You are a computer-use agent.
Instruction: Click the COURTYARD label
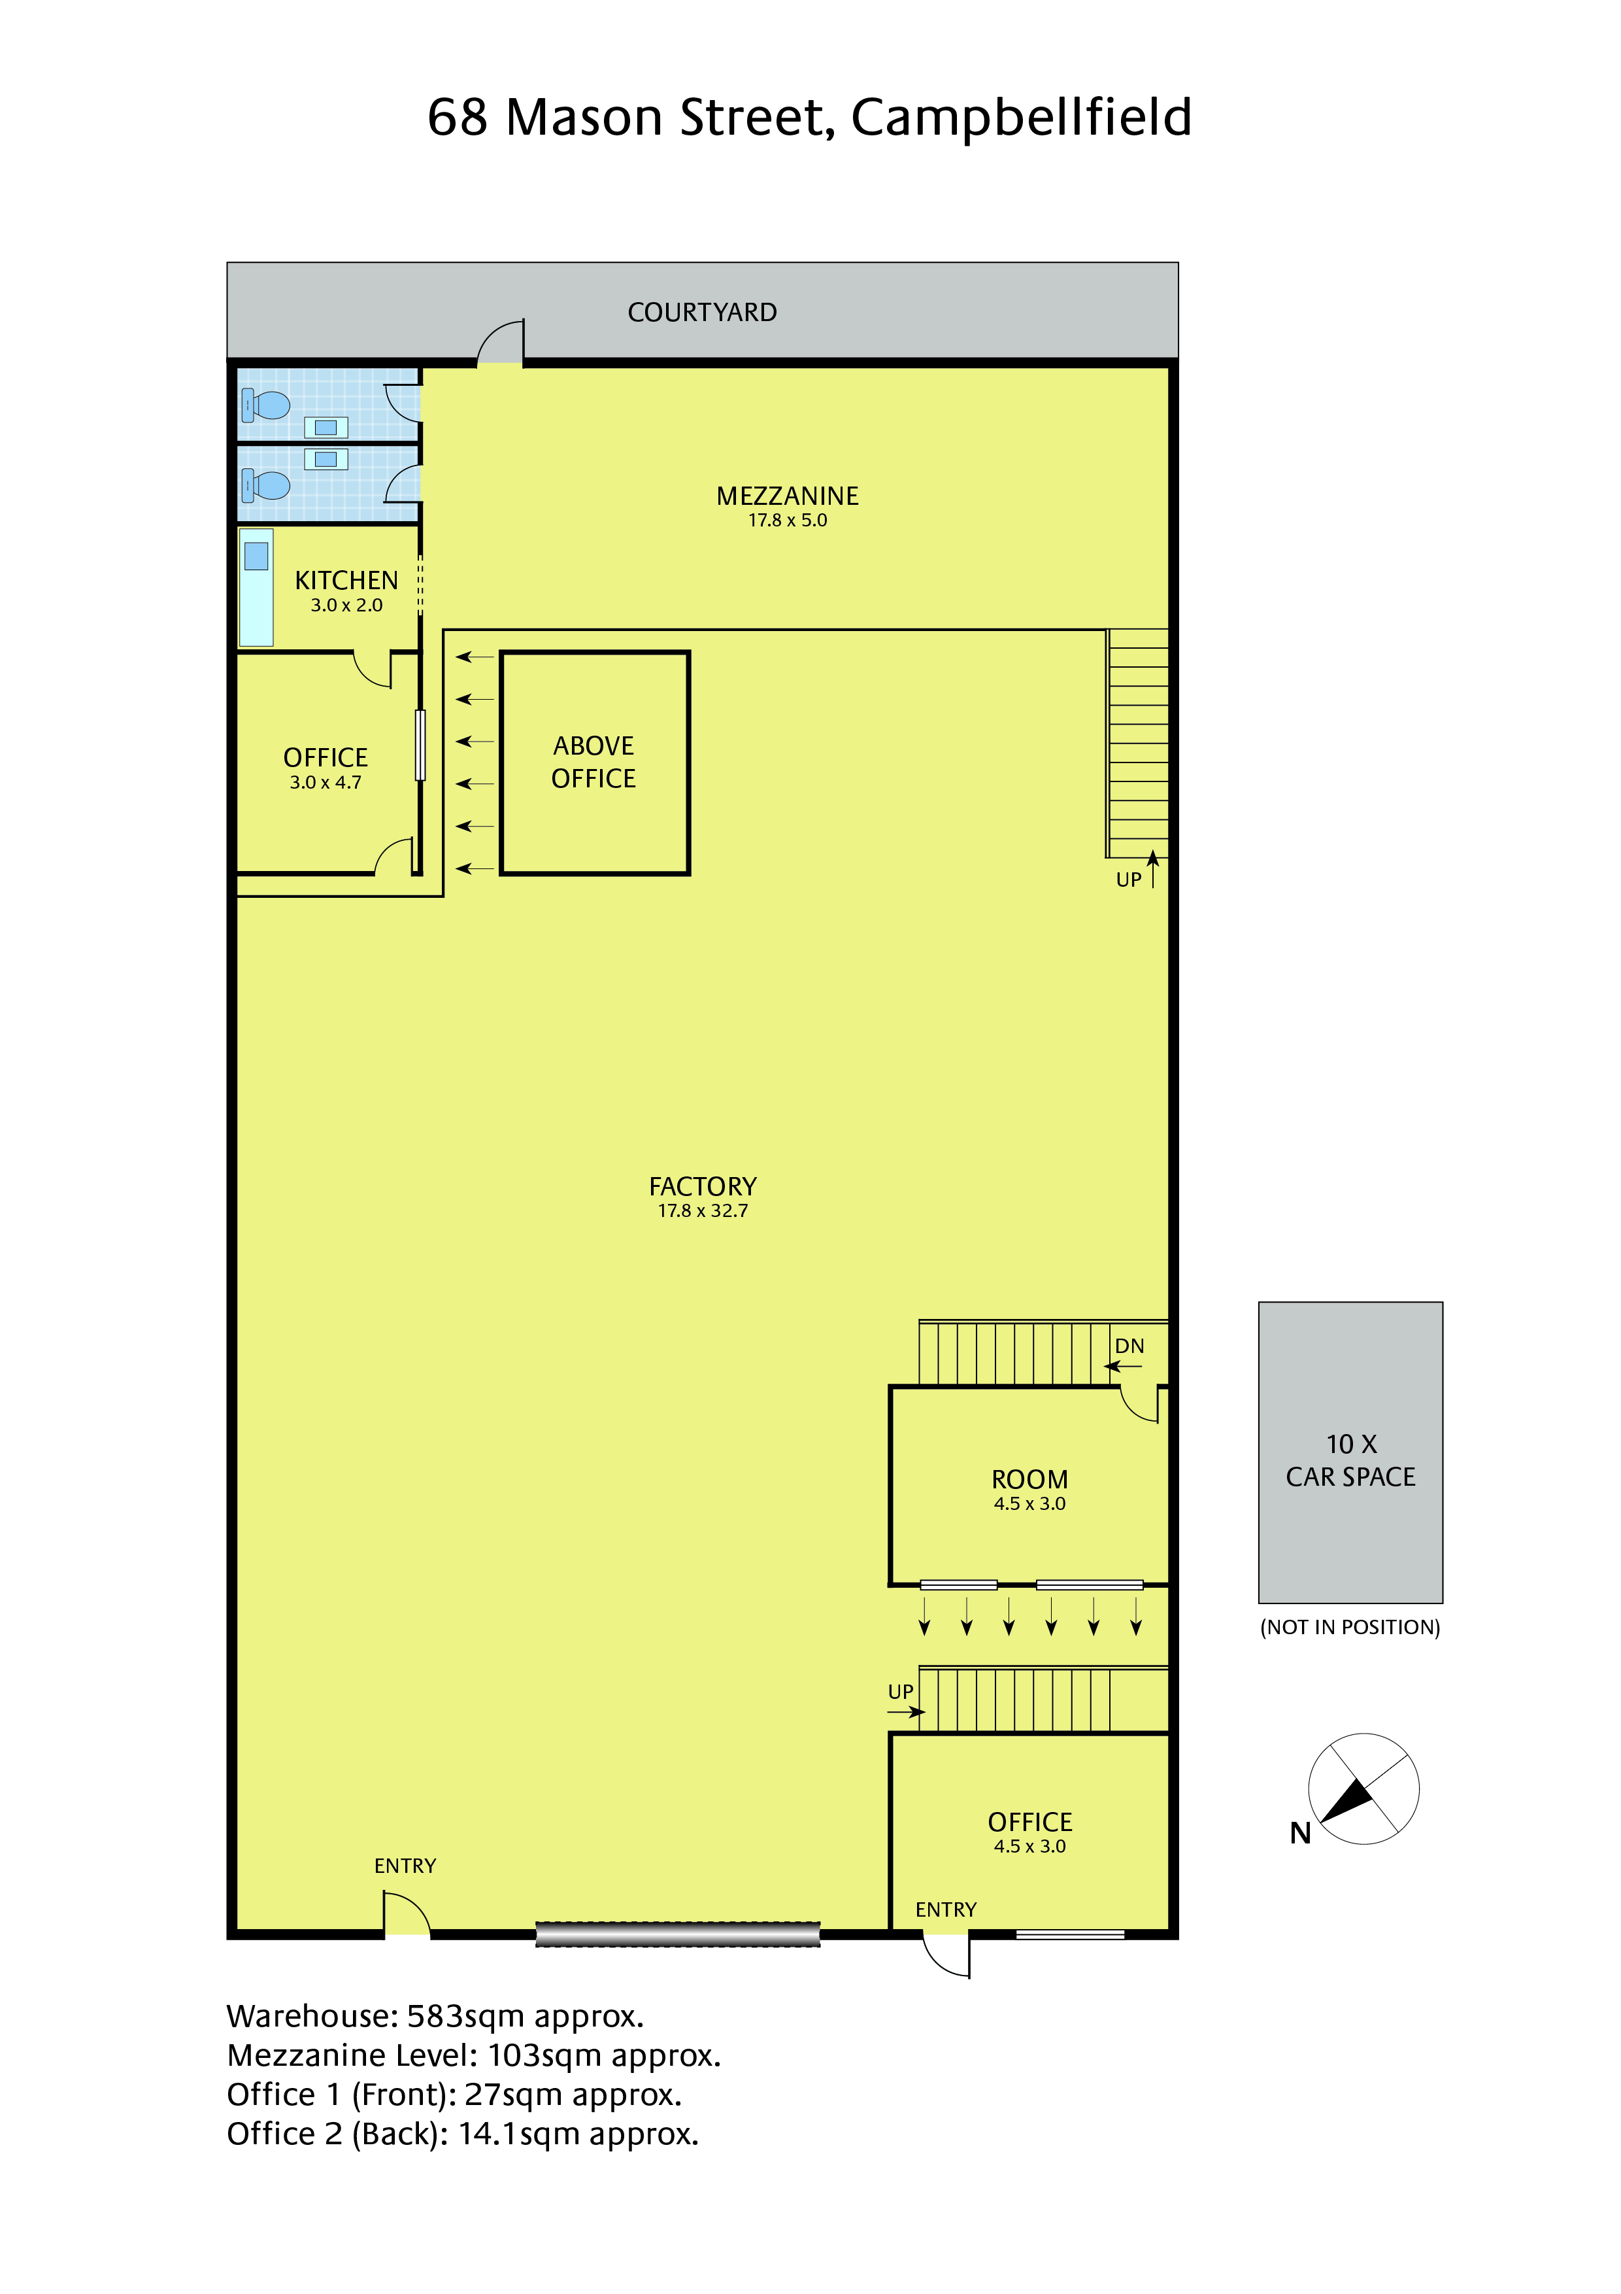coord(701,313)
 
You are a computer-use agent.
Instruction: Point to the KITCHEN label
coord(346,581)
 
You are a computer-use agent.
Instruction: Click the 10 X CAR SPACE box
coord(1350,1453)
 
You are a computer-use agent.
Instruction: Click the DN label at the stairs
coord(1129,1346)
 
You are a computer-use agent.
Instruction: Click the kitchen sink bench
coord(256,587)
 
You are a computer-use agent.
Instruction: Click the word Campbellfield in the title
coord(1021,118)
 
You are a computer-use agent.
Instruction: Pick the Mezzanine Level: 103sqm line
coord(473,2055)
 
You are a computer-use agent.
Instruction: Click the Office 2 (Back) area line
coord(462,2134)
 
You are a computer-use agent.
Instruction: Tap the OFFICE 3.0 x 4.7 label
coord(326,768)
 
